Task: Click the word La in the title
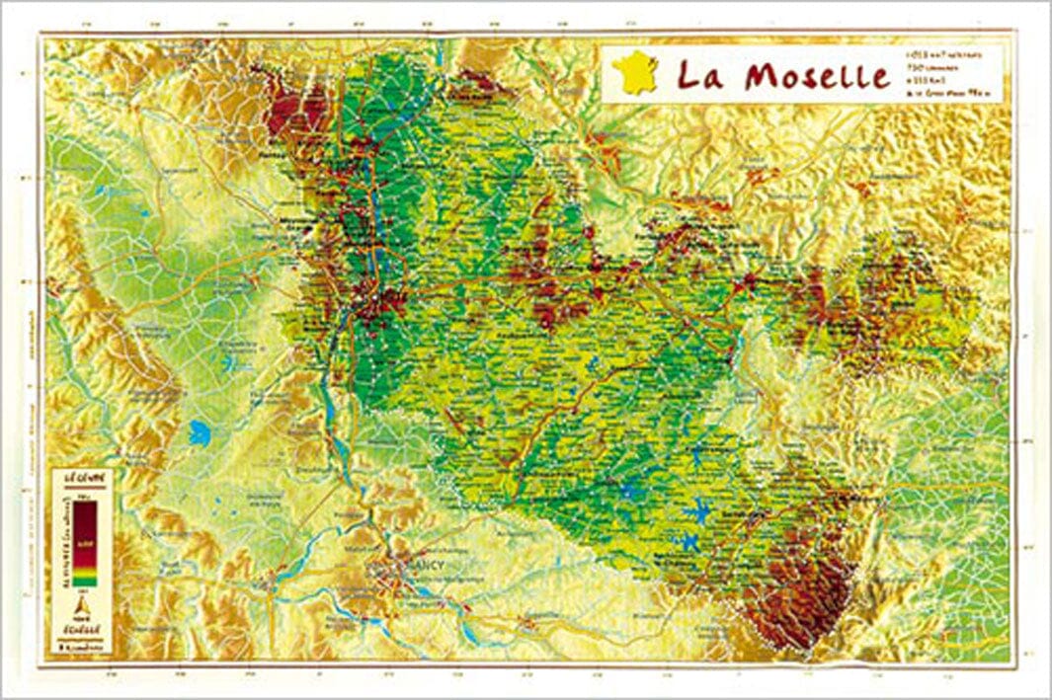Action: click(x=702, y=75)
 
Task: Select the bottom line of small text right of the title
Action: click(x=939, y=94)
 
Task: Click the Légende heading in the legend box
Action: click(x=81, y=478)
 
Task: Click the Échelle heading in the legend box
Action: click(x=81, y=627)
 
